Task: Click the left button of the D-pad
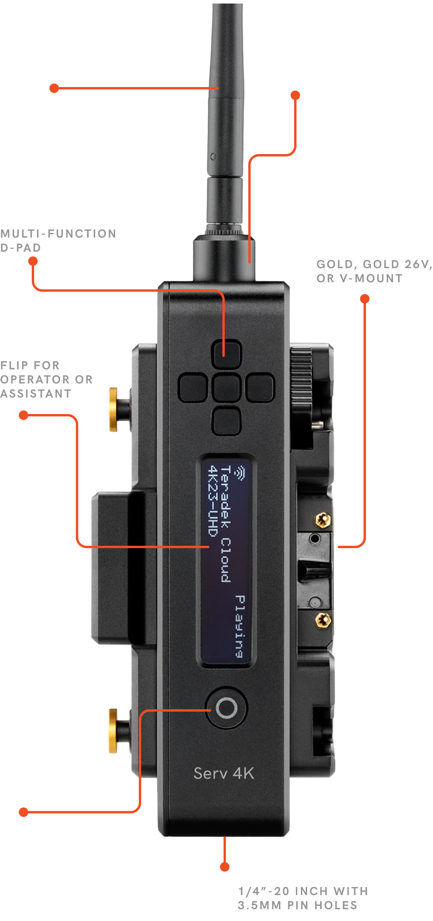(193, 388)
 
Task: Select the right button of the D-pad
(260, 388)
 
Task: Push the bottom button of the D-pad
(226, 421)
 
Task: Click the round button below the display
(226, 708)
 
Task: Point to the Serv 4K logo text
(224, 773)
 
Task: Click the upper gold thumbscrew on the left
(113, 409)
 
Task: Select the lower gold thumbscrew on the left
(113, 731)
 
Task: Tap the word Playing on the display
(240, 626)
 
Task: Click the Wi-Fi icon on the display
(239, 472)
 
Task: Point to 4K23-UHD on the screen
(212, 501)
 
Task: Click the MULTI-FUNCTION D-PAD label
(58, 241)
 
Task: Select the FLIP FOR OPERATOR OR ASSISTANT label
(46, 380)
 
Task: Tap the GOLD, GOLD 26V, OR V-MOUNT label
(375, 271)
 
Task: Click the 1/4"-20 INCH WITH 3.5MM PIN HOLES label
(303, 898)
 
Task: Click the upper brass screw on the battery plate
(323, 520)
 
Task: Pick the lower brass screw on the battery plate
(323, 620)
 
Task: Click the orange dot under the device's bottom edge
(225, 867)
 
